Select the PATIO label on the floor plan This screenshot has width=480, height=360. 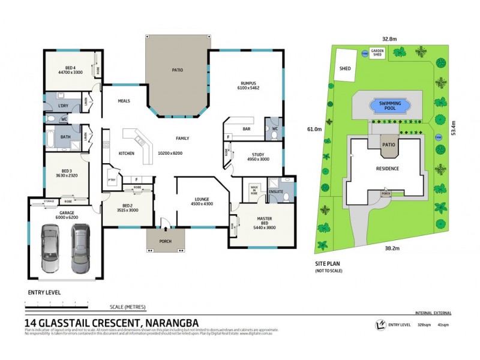pos(177,70)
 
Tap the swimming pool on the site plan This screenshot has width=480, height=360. pos(389,106)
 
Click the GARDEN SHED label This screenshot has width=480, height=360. pos(377,53)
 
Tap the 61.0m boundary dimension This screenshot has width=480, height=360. pos(314,128)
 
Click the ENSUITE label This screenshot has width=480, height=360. pos(275,192)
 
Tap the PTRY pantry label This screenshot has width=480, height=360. pos(112,179)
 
